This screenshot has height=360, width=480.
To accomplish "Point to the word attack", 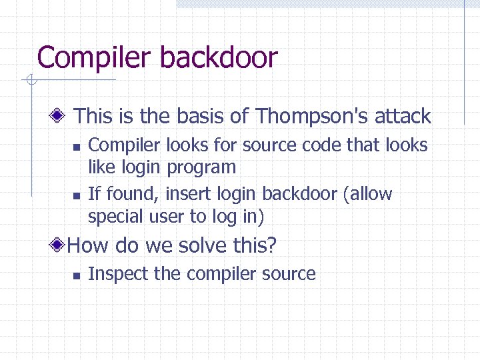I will pos(402,117).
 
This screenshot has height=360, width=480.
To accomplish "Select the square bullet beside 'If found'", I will pos(76,195).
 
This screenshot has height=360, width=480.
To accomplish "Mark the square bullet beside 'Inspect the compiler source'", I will pos(76,275).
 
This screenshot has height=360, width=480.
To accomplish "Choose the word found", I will pos(125,194).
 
